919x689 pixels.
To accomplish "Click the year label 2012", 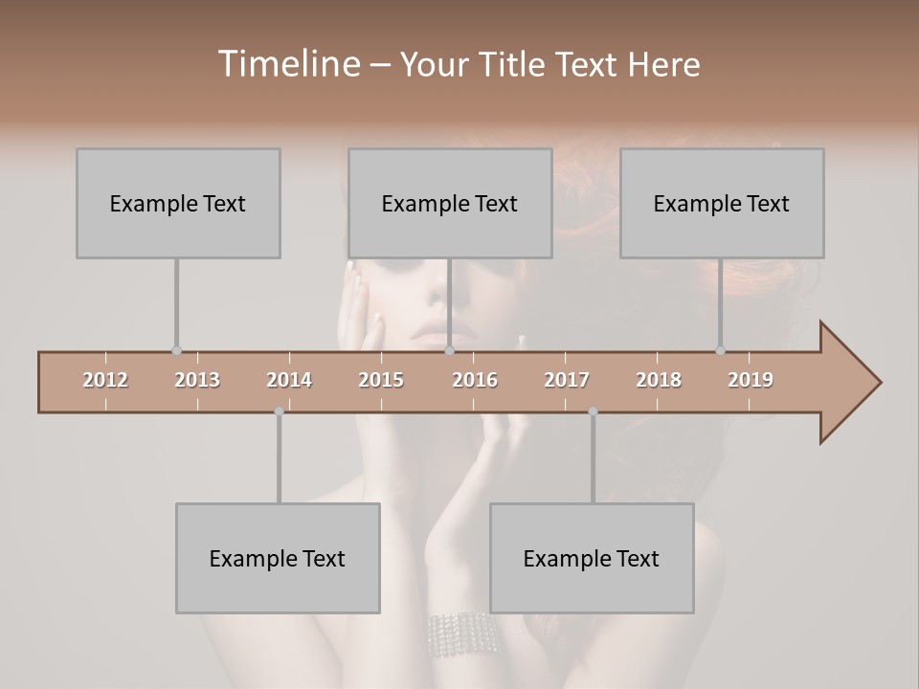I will (x=105, y=380).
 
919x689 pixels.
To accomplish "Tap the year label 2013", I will (x=197, y=380).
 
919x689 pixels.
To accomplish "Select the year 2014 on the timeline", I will (x=289, y=380).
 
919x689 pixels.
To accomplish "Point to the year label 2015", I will (x=381, y=380).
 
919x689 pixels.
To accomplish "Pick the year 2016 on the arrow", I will (x=475, y=380).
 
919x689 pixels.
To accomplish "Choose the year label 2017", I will (x=567, y=380).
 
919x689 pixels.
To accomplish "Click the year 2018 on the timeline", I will (x=659, y=380).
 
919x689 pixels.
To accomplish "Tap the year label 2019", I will (x=751, y=380).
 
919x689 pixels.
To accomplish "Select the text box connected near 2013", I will (x=178, y=203).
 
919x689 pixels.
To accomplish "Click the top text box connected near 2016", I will (x=450, y=203).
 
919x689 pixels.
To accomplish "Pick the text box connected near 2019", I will (x=722, y=203).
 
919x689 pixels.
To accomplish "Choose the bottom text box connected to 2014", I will (x=278, y=558).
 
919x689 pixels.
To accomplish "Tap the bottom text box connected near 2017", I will (x=592, y=558).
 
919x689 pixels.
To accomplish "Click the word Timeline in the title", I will (x=287, y=64).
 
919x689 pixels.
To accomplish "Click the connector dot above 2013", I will (x=176, y=350).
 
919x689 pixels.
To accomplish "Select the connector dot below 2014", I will (x=279, y=411).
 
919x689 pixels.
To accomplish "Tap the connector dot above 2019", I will (x=720, y=350).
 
